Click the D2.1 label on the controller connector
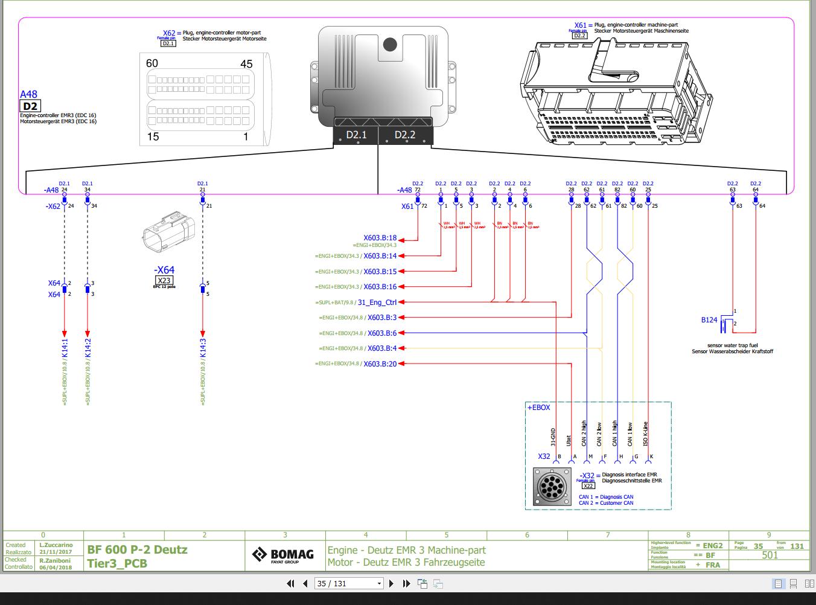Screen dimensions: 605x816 [356, 135]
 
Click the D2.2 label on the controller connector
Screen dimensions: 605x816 [405, 135]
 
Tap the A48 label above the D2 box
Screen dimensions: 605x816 [28, 94]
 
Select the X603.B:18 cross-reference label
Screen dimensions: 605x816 [380, 238]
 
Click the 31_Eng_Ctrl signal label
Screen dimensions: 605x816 [377, 302]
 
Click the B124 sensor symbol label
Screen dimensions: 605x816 [709, 320]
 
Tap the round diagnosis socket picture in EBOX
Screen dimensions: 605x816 [552, 487]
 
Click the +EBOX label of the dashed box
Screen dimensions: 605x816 [539, 408]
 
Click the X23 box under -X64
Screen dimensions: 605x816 [164, 280]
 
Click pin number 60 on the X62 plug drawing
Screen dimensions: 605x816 [152, 63]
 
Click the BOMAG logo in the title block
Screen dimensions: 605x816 [284, 555]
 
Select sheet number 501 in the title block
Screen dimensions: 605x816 [770, 555]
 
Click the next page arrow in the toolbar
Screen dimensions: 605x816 [391, 583]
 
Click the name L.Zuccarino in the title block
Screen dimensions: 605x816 [56, 545]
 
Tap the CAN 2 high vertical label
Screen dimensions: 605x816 [584, 434]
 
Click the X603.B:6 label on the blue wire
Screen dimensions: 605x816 [381, 333]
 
